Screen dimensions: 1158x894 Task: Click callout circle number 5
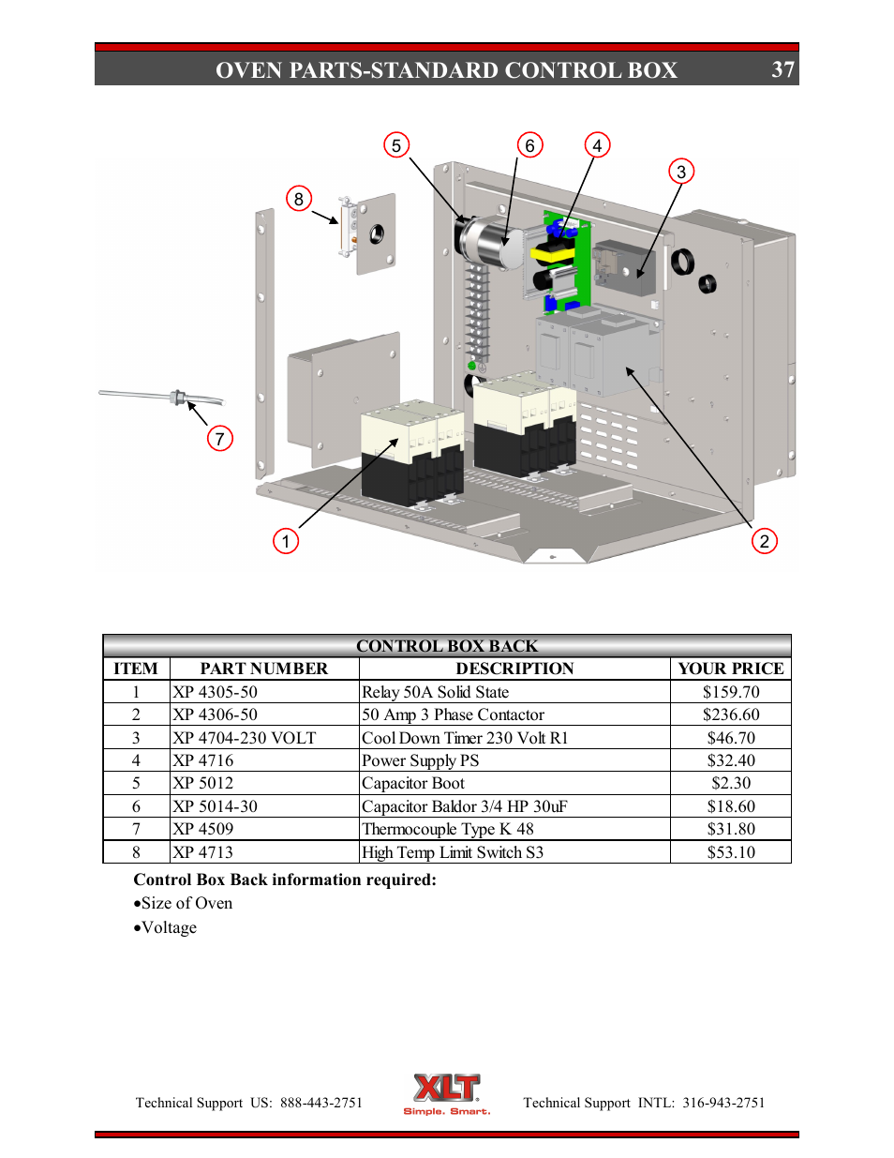[396, 145]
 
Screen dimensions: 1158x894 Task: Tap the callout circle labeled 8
[298, 199]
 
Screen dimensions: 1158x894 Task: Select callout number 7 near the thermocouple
[219, 439]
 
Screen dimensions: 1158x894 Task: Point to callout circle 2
[764, 541]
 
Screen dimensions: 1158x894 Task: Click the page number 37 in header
[782, 70]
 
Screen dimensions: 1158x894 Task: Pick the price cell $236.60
[731, 714]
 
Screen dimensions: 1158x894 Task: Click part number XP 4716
[203, 760]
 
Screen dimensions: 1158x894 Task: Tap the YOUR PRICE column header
[730, 669]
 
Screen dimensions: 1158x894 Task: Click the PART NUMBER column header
[264, 669]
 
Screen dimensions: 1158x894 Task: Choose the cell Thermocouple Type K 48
[448, 829]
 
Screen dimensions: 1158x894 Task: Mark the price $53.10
[731, 852]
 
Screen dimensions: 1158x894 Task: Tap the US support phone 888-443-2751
[320, 1103]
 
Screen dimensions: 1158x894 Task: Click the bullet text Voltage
[169, 927]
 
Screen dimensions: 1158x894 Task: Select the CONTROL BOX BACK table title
[447, 646]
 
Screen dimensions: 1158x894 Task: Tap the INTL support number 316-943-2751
[723, 1103]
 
